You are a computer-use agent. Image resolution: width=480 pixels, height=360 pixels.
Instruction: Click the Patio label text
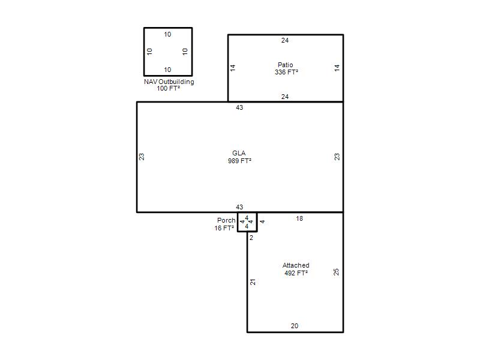click(x=286, y=65)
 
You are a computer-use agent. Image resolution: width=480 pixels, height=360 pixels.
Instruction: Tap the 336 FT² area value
click(x=286, y=72)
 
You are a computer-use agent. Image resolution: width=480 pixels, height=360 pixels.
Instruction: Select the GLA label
click(x=239, y=153)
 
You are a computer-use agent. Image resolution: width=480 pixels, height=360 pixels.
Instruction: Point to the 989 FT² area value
click(x=239, y=161)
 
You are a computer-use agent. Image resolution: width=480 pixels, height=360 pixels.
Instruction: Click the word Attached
click(x=296, y=265)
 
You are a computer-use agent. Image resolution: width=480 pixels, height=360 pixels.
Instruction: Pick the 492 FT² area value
click(x=296, y=273)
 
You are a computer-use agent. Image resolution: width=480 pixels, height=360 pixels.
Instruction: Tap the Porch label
click(x=226, y=220)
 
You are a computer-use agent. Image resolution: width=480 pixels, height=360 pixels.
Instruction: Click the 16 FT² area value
click(x=224, y=228)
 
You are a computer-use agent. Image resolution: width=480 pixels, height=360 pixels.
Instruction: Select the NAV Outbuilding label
click(x=169, y=82)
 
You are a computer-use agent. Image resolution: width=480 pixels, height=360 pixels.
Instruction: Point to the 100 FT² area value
click(x=169, y=88)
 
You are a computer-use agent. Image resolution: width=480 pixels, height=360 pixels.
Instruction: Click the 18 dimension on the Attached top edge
click(x=299, y=218)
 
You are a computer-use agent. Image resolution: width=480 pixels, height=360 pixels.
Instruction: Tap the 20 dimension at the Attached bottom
click(x=295, y=326)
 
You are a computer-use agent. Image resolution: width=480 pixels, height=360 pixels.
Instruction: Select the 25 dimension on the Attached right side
click(x=336, y=272)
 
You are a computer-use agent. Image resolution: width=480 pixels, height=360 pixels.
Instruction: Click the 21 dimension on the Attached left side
click(x=253, y=282)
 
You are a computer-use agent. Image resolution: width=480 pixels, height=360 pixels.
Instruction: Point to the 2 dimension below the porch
click(x=251, y=238)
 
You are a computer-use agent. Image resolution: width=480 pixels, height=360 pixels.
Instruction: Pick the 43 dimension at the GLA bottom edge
click(x=239, y=207)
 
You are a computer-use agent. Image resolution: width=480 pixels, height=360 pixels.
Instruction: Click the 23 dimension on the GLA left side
click(x=142, y=157)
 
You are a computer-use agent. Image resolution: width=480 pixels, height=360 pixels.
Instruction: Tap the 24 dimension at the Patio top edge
click(x=285, y=40)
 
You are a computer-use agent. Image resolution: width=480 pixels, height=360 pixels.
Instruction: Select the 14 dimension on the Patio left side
click(x=233, y=68)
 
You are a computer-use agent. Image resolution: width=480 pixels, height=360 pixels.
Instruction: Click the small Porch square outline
click(x=238, y=222)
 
